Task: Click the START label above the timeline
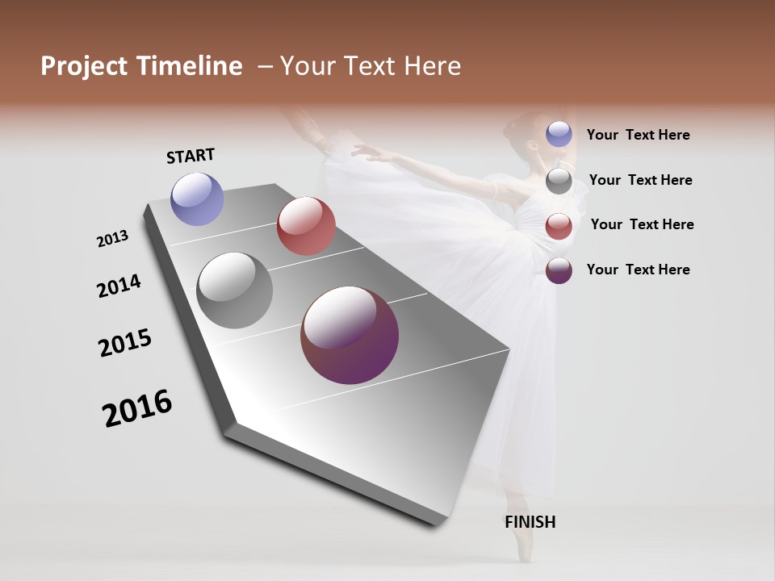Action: (191, 156)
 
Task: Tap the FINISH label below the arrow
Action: (530, 522)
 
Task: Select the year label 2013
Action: (112, 239)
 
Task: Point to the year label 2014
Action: (119, 286)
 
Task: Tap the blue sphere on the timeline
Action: (198, 199)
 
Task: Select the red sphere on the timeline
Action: (306, 226)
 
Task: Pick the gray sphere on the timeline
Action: (235, 290)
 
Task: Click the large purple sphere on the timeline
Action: (350, 335)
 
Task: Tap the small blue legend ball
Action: (559, 134)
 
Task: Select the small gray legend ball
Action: (559, 181)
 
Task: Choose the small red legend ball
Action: (559, 226)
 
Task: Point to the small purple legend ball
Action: (559, 270)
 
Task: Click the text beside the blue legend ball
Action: (639, 136)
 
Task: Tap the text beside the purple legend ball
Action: (639, 270)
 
